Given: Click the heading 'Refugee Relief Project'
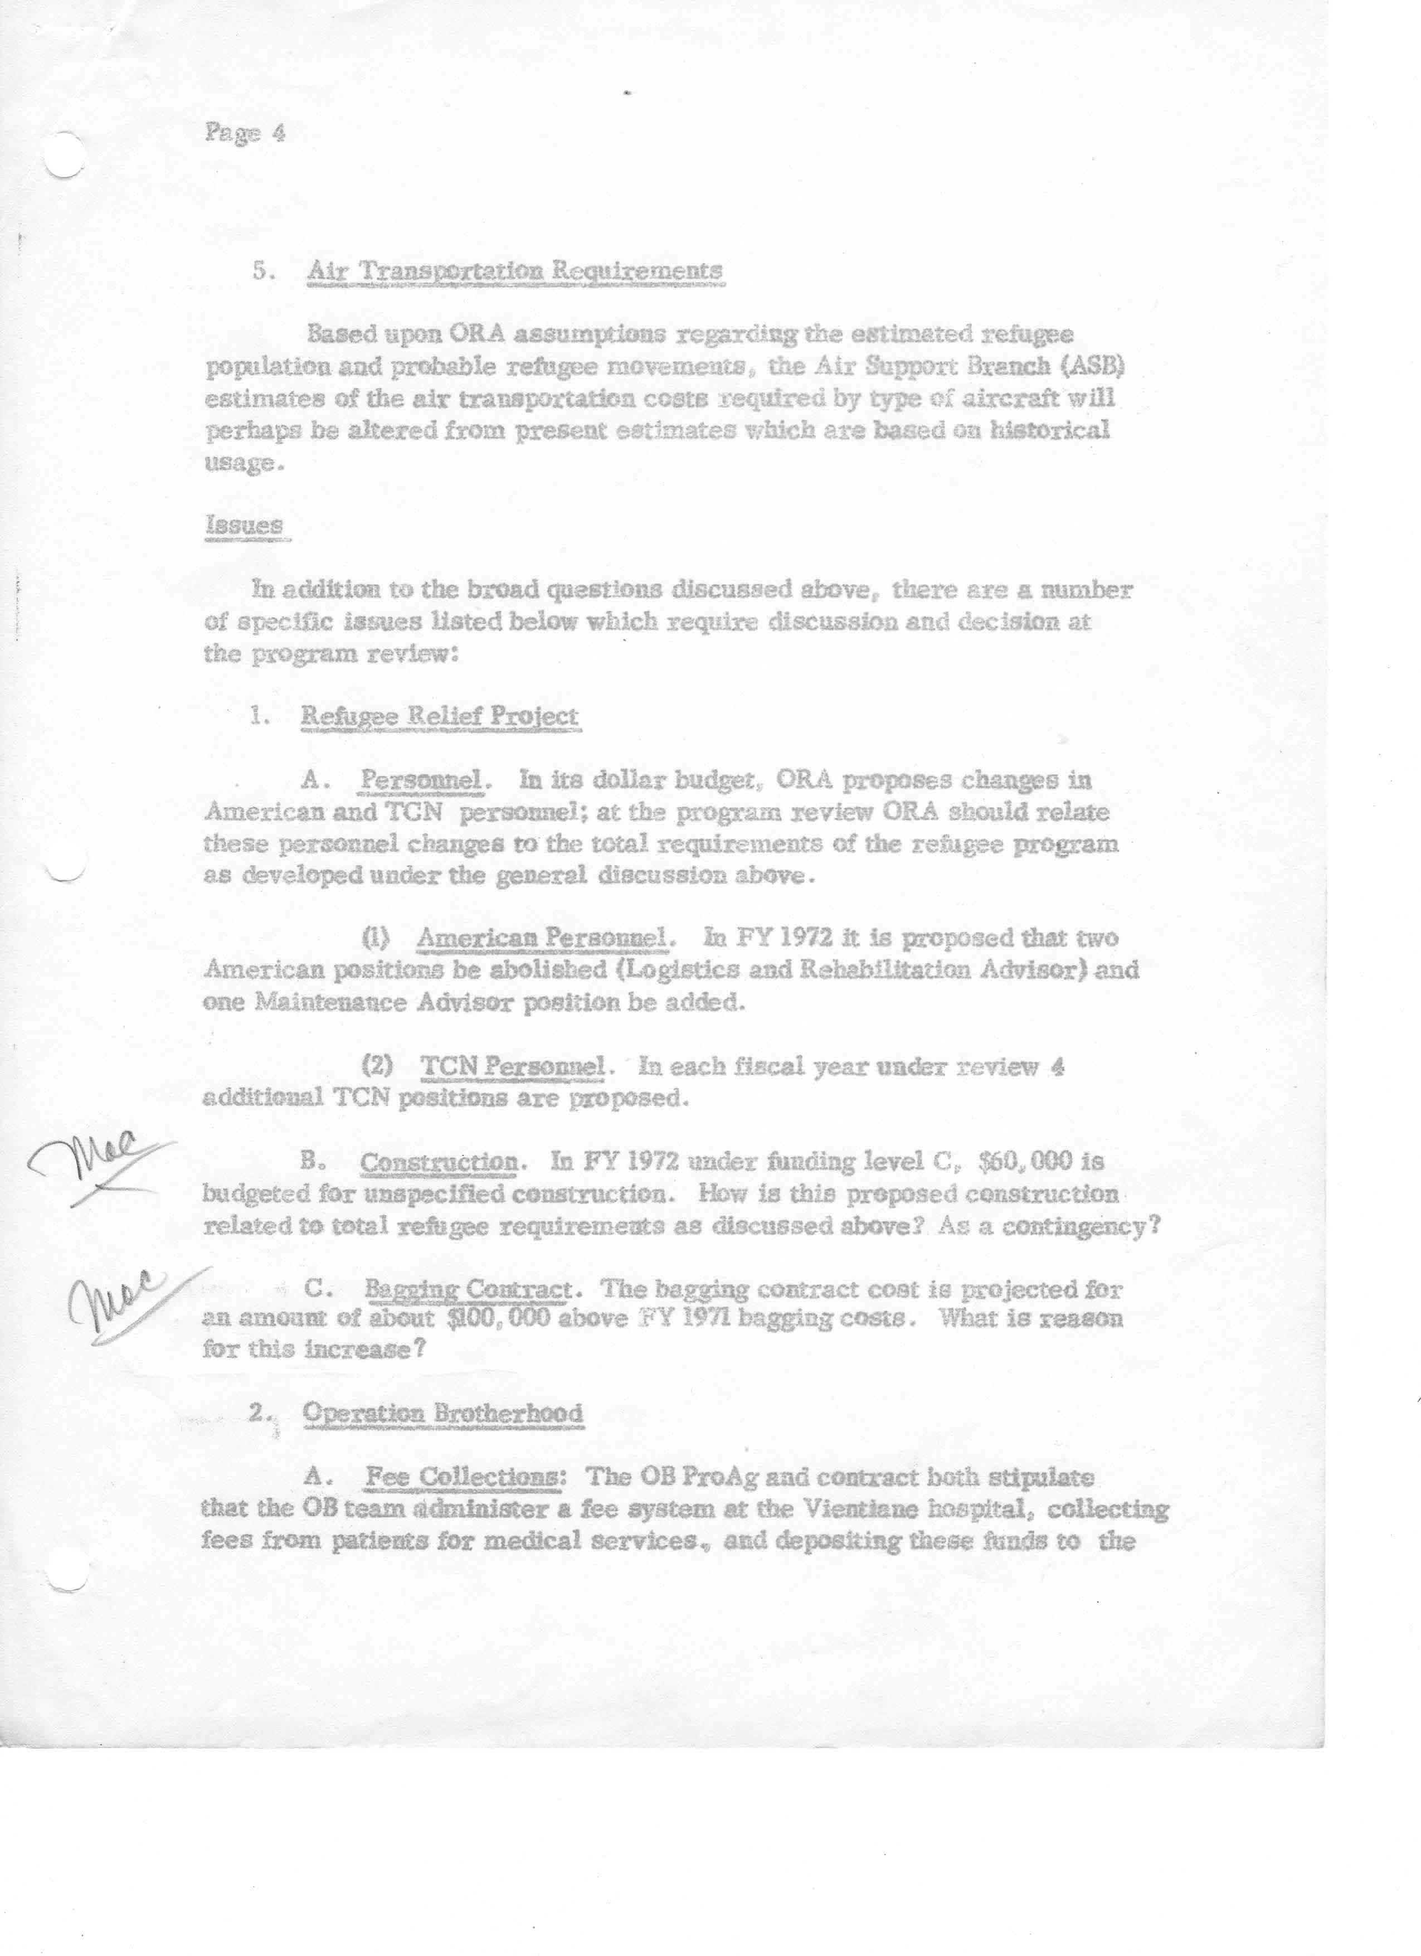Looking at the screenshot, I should coord(439,715).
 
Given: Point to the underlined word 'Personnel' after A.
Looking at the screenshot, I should coord(420,780).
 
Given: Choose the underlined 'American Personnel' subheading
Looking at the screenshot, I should coord(541,938).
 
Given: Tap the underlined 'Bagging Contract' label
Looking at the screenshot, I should coord(468,1290).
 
